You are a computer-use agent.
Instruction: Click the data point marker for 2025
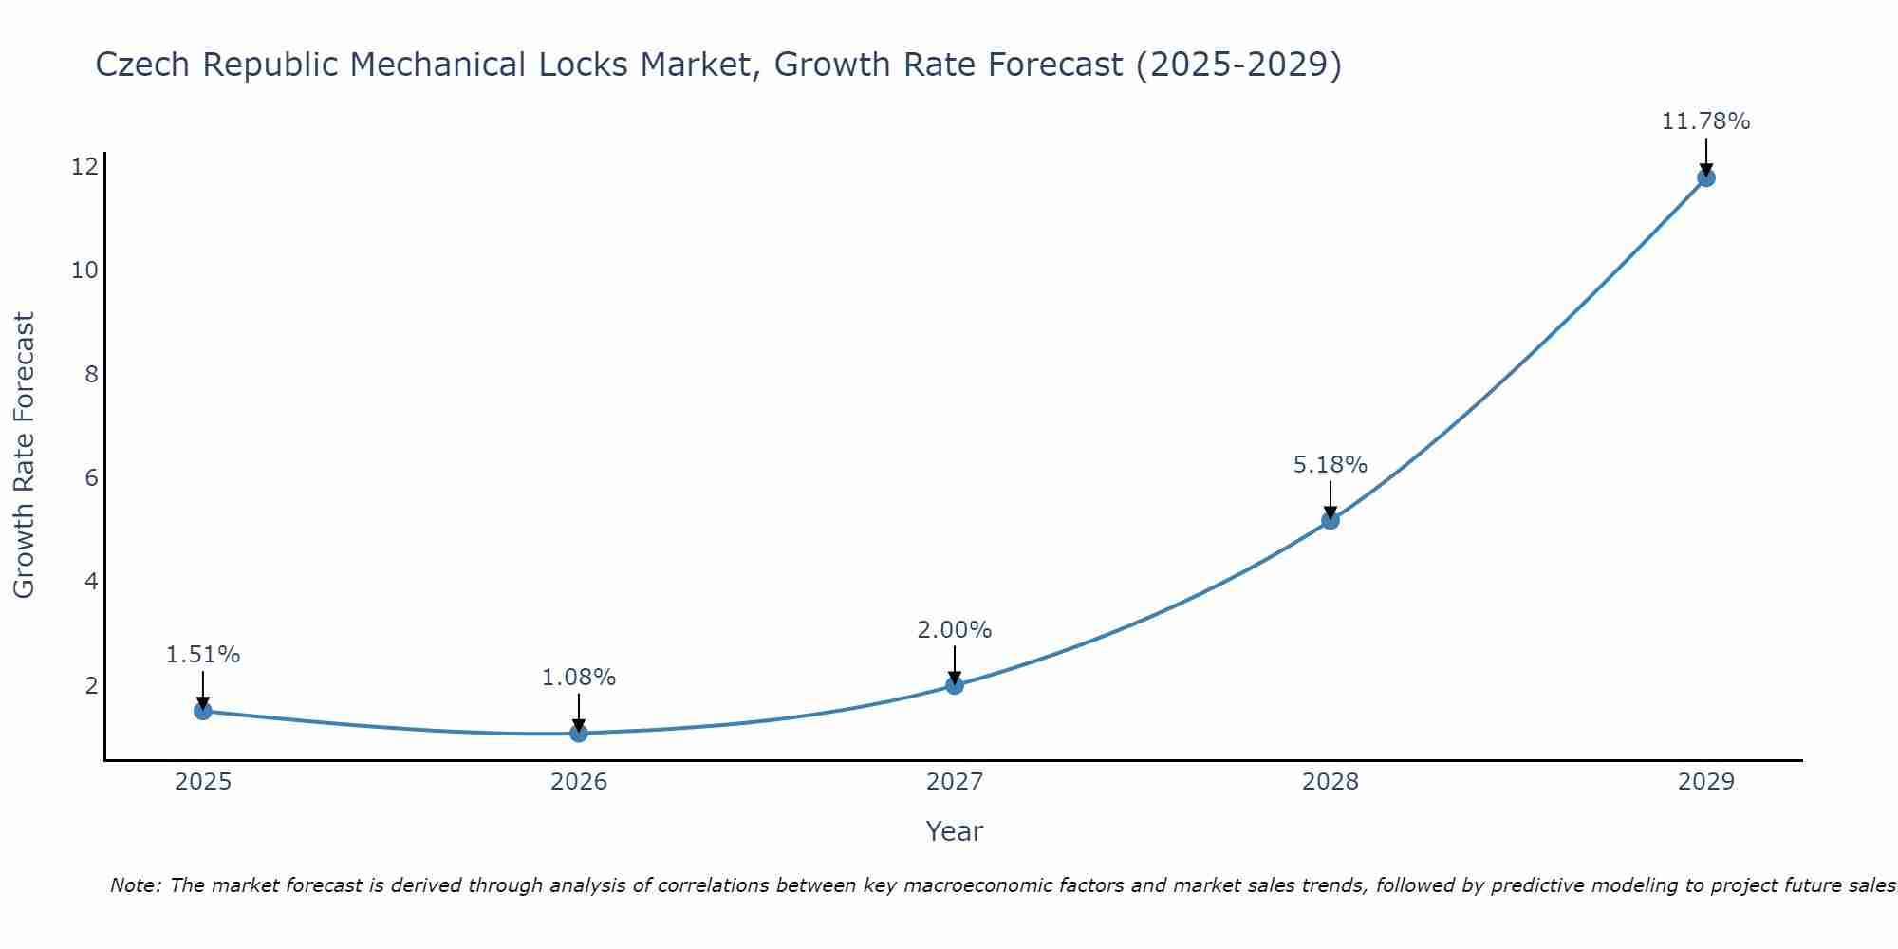[203, 711]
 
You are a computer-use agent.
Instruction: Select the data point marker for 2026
[579, 733]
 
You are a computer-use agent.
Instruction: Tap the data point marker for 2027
[955, 685]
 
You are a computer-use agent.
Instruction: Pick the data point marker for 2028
[1330, 520]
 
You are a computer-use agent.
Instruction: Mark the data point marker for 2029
[1706, 177]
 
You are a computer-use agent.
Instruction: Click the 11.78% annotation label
[1705, 121]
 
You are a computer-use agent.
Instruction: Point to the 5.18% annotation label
[1330, 465]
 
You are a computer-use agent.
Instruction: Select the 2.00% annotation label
[954, 630]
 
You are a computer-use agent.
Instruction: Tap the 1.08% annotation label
[578, 678]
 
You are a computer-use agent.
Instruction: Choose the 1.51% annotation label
[202, 655]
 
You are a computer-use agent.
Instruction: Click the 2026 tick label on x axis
[579, 782]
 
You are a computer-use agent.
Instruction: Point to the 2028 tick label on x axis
[1330, 782]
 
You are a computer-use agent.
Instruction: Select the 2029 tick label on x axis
[1706, 782]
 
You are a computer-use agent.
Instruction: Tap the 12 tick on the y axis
[84, 167]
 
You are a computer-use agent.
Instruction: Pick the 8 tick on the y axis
[91, 374]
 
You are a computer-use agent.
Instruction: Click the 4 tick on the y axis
[91, 581]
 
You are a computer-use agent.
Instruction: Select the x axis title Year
[954, 831]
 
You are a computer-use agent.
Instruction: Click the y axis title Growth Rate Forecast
[24, 456]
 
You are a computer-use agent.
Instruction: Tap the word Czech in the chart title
[143, 65]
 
